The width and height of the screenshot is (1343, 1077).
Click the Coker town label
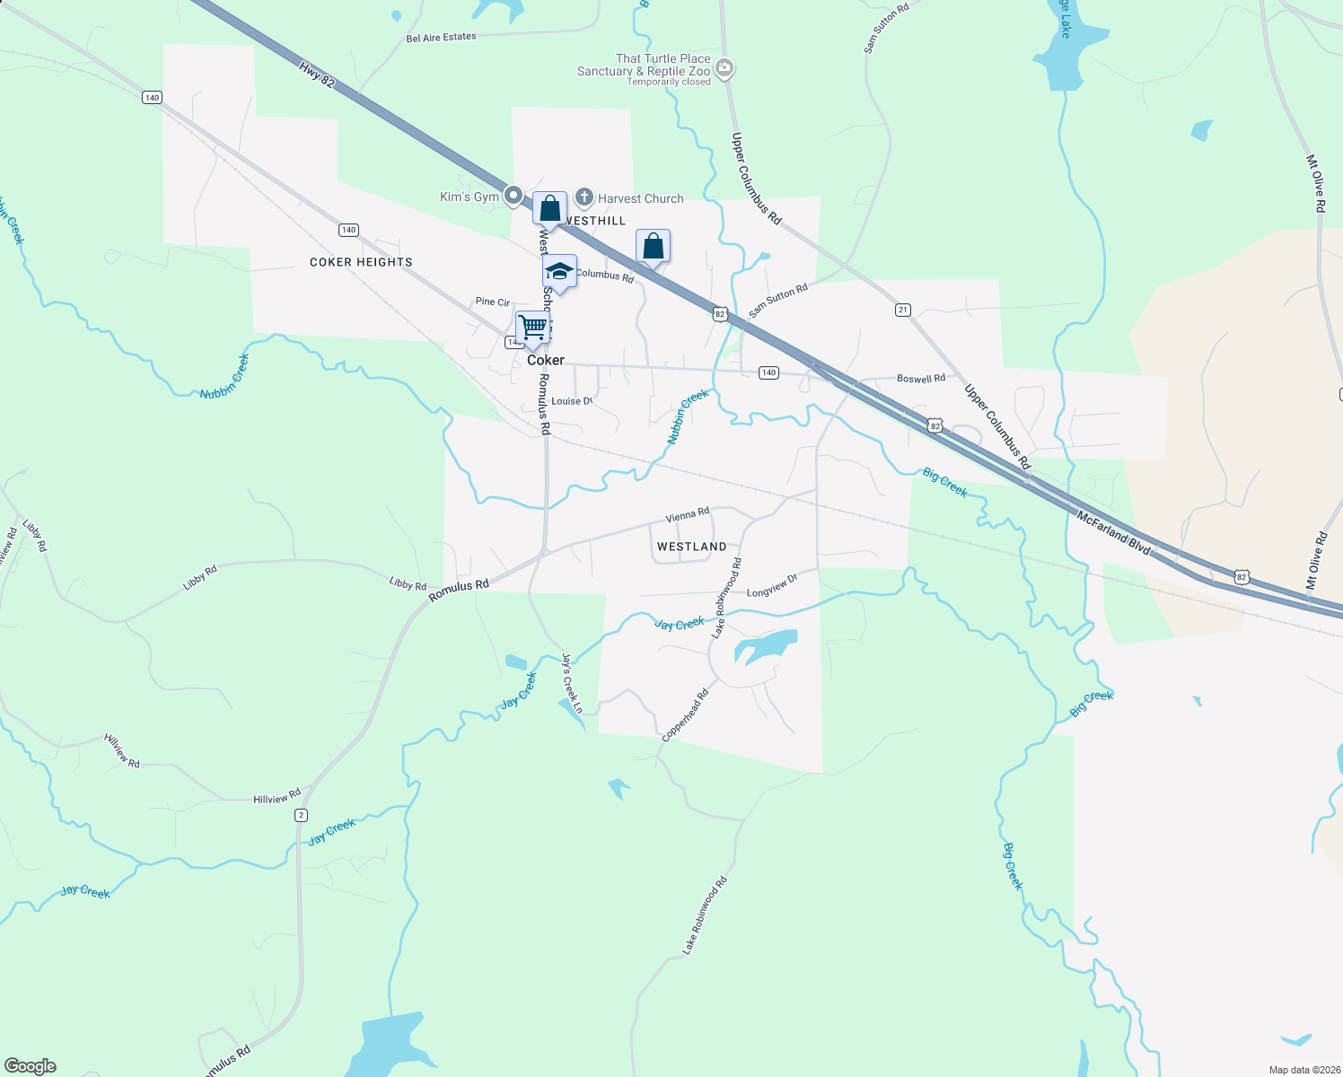546,360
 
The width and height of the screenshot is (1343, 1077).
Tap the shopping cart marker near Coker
532,328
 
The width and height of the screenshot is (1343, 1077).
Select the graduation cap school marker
559,272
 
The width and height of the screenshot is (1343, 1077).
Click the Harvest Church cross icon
584,197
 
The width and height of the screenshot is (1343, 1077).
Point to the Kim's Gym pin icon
513,195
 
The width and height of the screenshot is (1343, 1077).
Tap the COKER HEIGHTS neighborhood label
361,262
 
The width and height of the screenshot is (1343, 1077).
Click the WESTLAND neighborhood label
691,547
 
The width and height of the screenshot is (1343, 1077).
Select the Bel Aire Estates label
441,38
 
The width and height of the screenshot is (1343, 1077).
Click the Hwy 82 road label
316,74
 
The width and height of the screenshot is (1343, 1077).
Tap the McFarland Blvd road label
1113,532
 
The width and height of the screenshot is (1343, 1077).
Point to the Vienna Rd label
688,515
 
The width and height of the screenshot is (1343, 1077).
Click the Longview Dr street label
772,586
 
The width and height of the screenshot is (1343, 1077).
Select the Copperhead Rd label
685,714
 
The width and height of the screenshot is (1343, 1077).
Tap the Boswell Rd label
921,379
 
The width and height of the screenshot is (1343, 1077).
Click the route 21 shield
903,310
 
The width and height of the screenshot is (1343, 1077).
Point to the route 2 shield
301,815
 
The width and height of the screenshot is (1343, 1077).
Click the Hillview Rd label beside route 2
276,797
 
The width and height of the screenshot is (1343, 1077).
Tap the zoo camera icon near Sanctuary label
725,68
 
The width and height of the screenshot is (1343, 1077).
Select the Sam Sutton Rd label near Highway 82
778,301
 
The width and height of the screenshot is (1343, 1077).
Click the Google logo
31,1066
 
